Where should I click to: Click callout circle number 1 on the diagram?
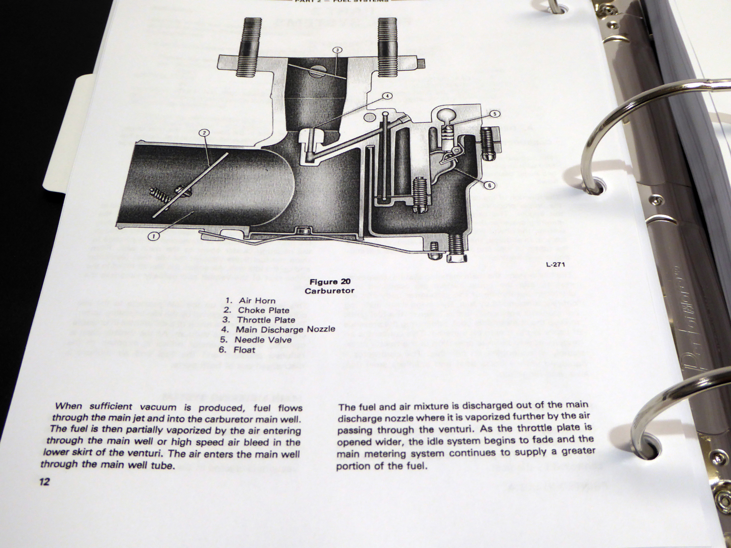(154, 236)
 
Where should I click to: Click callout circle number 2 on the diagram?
(204, 133)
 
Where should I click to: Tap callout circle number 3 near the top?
(337, 50)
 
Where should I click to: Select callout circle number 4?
(386, 96)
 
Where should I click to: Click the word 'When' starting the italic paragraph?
(68, 407)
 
